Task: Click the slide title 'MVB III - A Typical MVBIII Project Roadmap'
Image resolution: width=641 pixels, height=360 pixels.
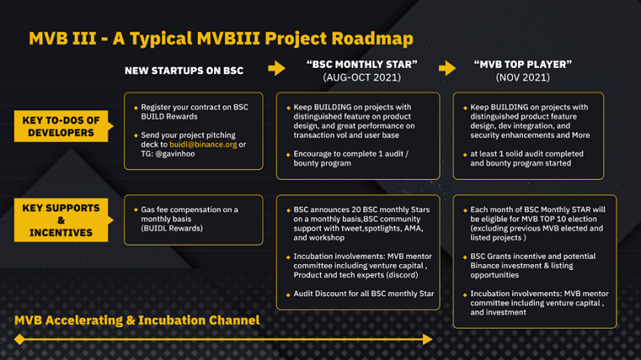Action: click(221, 38)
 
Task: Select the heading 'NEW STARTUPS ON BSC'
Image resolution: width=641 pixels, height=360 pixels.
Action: click(184, 70)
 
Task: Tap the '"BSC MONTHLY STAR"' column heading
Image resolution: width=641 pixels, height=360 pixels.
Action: click(362, 65)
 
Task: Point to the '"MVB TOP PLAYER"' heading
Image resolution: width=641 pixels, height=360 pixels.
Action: click(522, 65)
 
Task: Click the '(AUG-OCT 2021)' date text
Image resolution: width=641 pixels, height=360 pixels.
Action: click(362, 78)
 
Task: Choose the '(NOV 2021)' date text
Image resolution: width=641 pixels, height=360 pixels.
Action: click(522, 78)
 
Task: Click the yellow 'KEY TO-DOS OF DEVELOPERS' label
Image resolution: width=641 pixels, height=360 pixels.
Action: click(61, 127)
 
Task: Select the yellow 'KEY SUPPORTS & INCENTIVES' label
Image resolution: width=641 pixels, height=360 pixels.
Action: click(61, 220)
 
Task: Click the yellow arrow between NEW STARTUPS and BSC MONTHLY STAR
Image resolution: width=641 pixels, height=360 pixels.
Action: click(277, 68)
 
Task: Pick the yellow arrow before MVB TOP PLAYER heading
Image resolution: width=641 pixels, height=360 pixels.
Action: click(447, 68)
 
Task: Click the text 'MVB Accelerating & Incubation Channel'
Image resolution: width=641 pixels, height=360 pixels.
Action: click(137, 320)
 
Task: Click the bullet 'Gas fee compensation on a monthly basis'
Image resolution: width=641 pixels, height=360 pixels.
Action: click(188, 219)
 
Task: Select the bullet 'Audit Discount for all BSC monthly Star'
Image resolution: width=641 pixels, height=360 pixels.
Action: click(363, 294)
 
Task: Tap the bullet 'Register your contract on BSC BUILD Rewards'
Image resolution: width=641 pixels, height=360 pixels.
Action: click(194, 111)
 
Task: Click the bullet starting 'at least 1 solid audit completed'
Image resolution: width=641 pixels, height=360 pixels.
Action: click(528, 158)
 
